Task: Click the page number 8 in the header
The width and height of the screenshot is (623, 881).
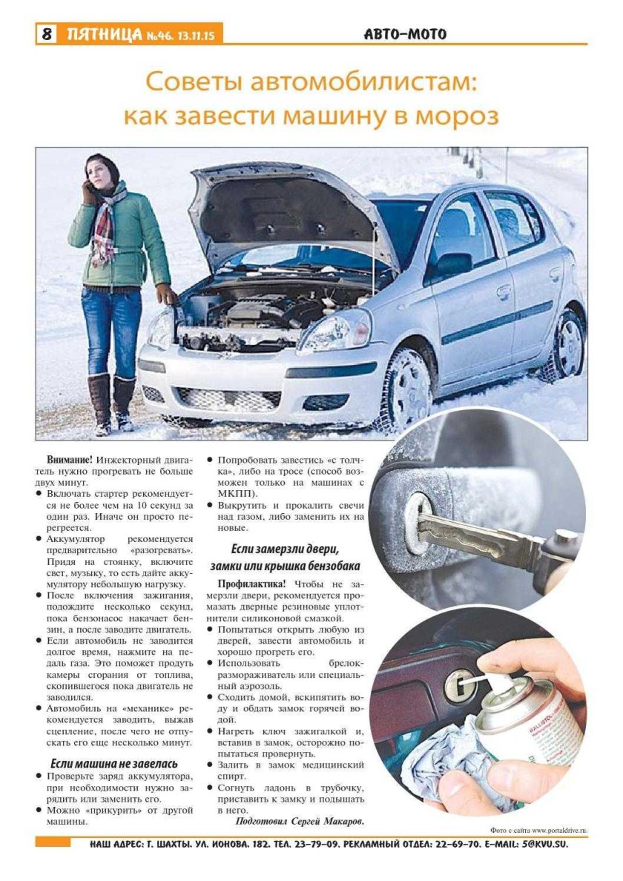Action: coord(47,34)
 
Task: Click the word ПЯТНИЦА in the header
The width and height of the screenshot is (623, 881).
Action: coord(105,34)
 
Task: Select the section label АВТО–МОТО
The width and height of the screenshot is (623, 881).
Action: coord(405,34)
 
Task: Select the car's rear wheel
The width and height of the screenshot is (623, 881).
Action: coord(567,346)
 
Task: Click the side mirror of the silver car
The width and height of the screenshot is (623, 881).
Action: coord(452,264)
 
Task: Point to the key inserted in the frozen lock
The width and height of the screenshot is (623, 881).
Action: coord(482,532)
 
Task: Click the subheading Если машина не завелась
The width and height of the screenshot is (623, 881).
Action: coord(108,763)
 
